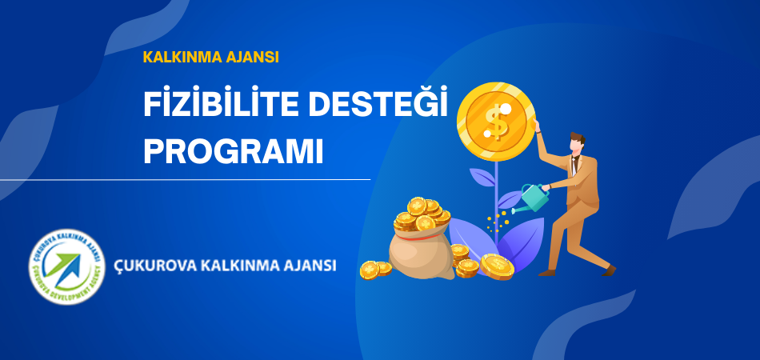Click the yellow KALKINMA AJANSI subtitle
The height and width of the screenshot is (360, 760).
211,57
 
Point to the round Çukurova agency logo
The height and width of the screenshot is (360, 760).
67,266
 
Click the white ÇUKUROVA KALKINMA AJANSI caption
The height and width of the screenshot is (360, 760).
225,266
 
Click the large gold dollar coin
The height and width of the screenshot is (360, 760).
496,122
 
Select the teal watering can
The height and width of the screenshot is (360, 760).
534,198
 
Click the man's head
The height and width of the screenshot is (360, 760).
576,143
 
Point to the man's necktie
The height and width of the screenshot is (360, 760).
574,166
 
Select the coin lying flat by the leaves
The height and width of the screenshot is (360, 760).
498,267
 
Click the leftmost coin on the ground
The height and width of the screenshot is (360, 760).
370,270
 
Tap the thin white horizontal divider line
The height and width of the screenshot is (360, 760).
185,180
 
